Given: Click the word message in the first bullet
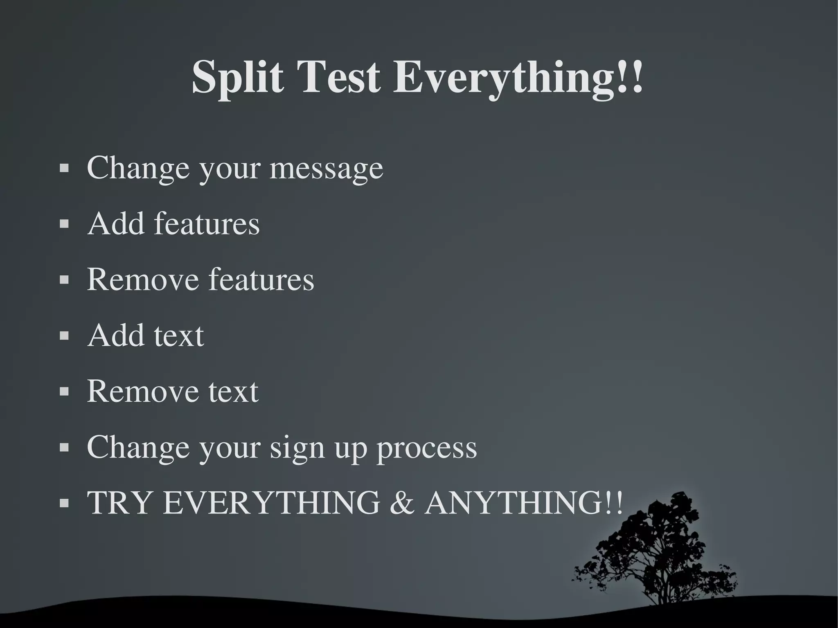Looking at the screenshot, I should coord(326,169).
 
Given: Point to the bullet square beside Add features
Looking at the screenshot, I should coord(64,224).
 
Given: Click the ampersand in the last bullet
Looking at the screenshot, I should coord(402,503).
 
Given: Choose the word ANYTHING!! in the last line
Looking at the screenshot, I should coord(524,503).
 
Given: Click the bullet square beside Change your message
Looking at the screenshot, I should coord(64,168).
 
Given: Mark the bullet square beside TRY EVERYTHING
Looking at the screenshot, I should coord(64,503).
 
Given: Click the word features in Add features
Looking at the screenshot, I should coord(207,224).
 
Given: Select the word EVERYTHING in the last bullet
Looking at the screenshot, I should coord(271,503).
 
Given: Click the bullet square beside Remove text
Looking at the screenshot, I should coord(64,392).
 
